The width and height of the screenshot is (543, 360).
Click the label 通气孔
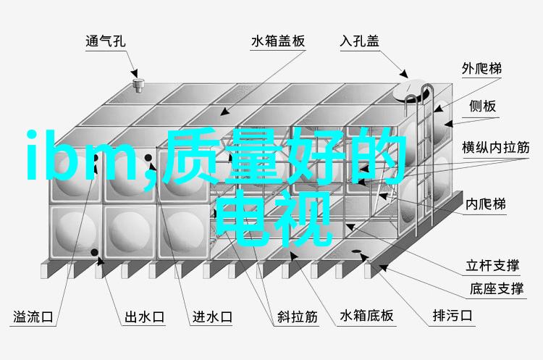tap(105, 41)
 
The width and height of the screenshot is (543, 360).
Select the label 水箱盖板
tap(278, 41)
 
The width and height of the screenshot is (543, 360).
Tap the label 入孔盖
tap(359, 41)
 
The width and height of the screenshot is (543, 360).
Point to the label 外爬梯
tap(481, 69)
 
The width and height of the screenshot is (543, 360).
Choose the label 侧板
tap(482, 106)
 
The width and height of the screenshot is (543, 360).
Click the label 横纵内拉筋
tap(496, 148)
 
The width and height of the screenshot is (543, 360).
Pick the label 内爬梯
tap(486, 204)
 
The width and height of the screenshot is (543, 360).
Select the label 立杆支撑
tap(492, 265)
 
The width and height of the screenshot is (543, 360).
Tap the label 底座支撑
tap(496, 288)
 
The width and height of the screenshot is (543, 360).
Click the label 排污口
tap(452, 315)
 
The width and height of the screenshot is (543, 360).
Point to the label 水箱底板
tap(367, 316)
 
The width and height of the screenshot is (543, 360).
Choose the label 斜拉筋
tap(297, 317)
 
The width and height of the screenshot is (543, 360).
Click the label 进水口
tap(212, 317)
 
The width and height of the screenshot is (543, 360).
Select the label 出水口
tap(144, 317)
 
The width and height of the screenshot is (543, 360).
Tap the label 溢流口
tap(33, 317)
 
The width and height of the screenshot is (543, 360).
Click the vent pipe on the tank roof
tap(138, 85)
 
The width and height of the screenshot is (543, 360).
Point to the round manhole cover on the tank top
tap(412, 90)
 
